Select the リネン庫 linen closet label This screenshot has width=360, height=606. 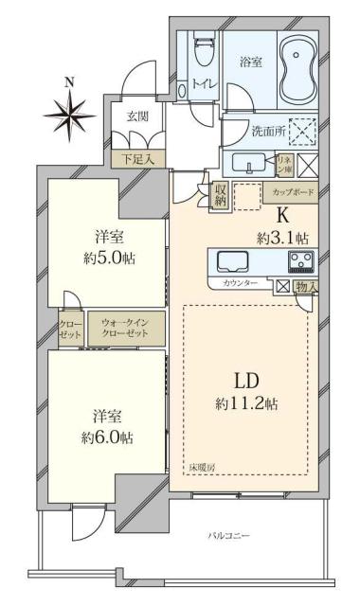[283, 164]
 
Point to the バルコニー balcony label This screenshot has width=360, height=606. [228, 537]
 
